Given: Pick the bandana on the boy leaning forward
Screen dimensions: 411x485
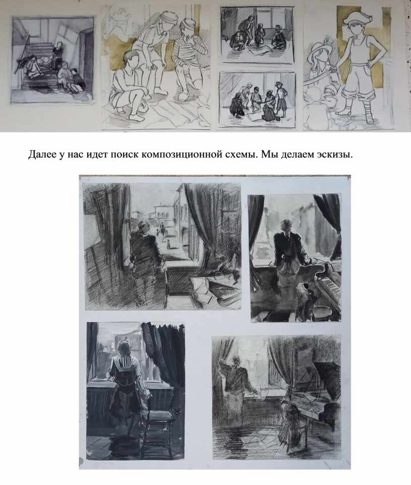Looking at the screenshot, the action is (167, 18).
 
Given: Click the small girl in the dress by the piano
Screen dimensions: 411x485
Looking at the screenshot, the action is (290, 423).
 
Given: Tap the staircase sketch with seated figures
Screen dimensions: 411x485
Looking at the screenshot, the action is (52, 60).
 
